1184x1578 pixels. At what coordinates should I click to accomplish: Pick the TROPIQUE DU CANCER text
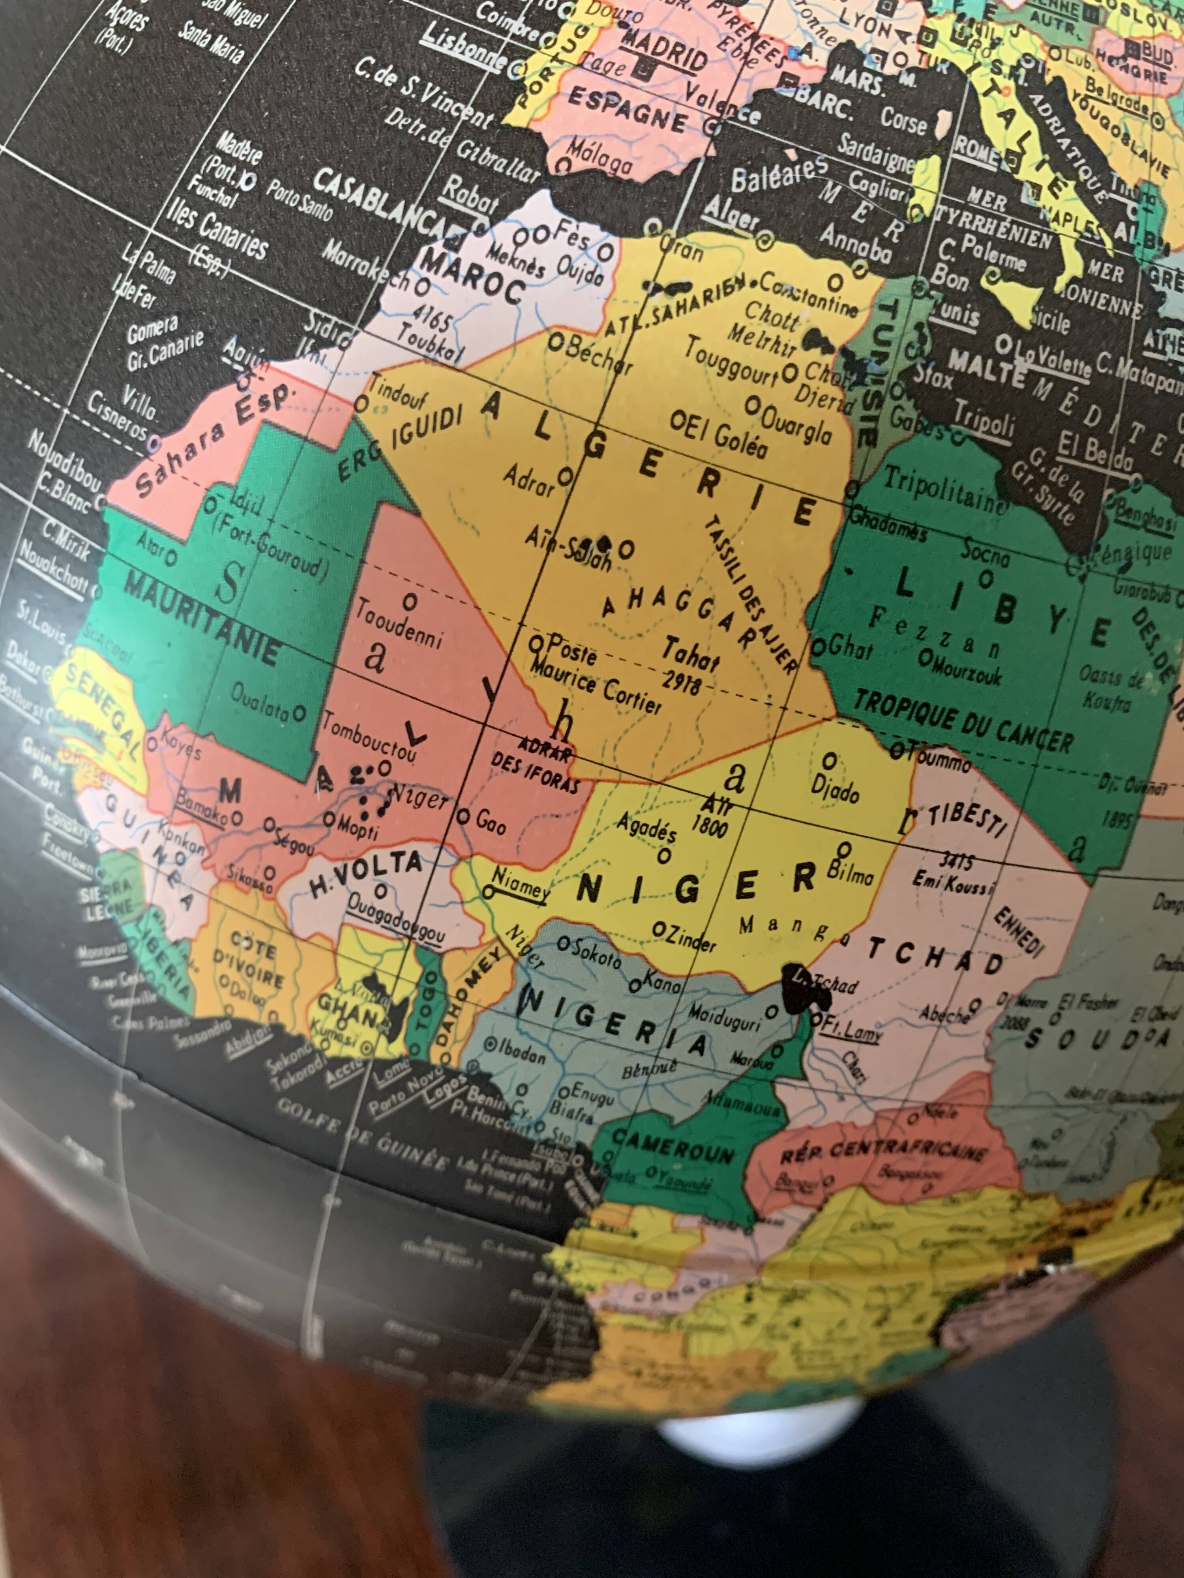(963, 720)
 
